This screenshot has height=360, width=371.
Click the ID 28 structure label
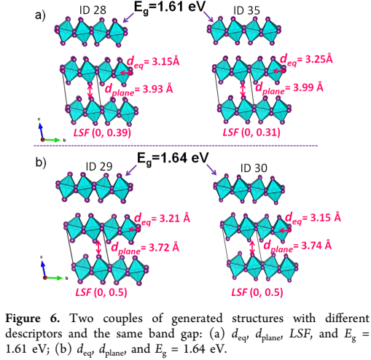93,10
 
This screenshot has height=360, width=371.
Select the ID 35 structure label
246,11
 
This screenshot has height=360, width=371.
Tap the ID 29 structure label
99,167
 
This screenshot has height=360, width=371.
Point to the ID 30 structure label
254,168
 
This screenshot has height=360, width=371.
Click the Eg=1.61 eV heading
170,7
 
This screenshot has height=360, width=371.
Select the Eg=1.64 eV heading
173,159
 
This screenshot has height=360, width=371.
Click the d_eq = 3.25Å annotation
306,60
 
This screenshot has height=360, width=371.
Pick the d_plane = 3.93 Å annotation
138,90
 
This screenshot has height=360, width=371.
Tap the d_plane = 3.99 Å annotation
289,87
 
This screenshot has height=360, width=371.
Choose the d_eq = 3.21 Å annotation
162,219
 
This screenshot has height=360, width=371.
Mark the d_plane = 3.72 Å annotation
145,249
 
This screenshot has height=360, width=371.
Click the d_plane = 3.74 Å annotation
297,246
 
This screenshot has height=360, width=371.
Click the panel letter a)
40,15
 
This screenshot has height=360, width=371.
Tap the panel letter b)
41,162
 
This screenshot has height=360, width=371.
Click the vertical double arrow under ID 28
90,92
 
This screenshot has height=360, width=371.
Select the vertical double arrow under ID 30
252,248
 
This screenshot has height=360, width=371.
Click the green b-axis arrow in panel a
52,140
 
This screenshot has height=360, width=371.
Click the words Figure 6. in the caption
33,318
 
